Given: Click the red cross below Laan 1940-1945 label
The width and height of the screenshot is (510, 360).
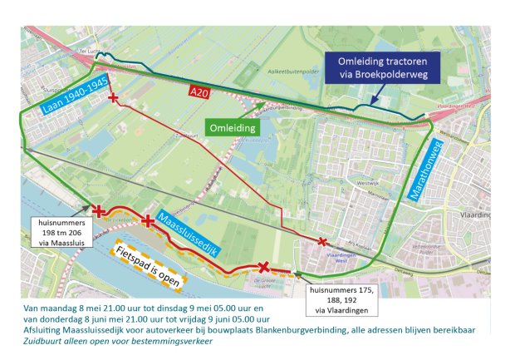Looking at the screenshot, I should pyautogui.click(x=114, y=100).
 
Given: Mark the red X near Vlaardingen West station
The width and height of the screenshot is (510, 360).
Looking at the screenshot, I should pyautogui.click(x=322, y=242).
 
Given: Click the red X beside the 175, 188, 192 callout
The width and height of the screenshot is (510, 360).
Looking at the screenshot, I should pyautogui.click(x=263, y=267).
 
